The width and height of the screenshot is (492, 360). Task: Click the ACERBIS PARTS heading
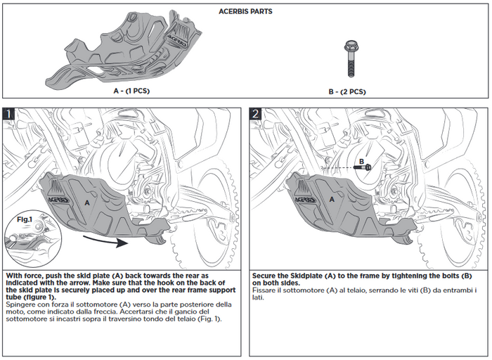click(246, 11)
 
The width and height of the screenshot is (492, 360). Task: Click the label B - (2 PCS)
click(347, 91)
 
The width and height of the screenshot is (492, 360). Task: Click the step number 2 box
click(256, 113)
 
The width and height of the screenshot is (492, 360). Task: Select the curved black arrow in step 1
click(105, 241)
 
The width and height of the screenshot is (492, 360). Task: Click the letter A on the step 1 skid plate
click(87, 201)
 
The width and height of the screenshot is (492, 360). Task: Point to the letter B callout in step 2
click(361, 161)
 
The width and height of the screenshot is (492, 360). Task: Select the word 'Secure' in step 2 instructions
click(266, 276)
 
